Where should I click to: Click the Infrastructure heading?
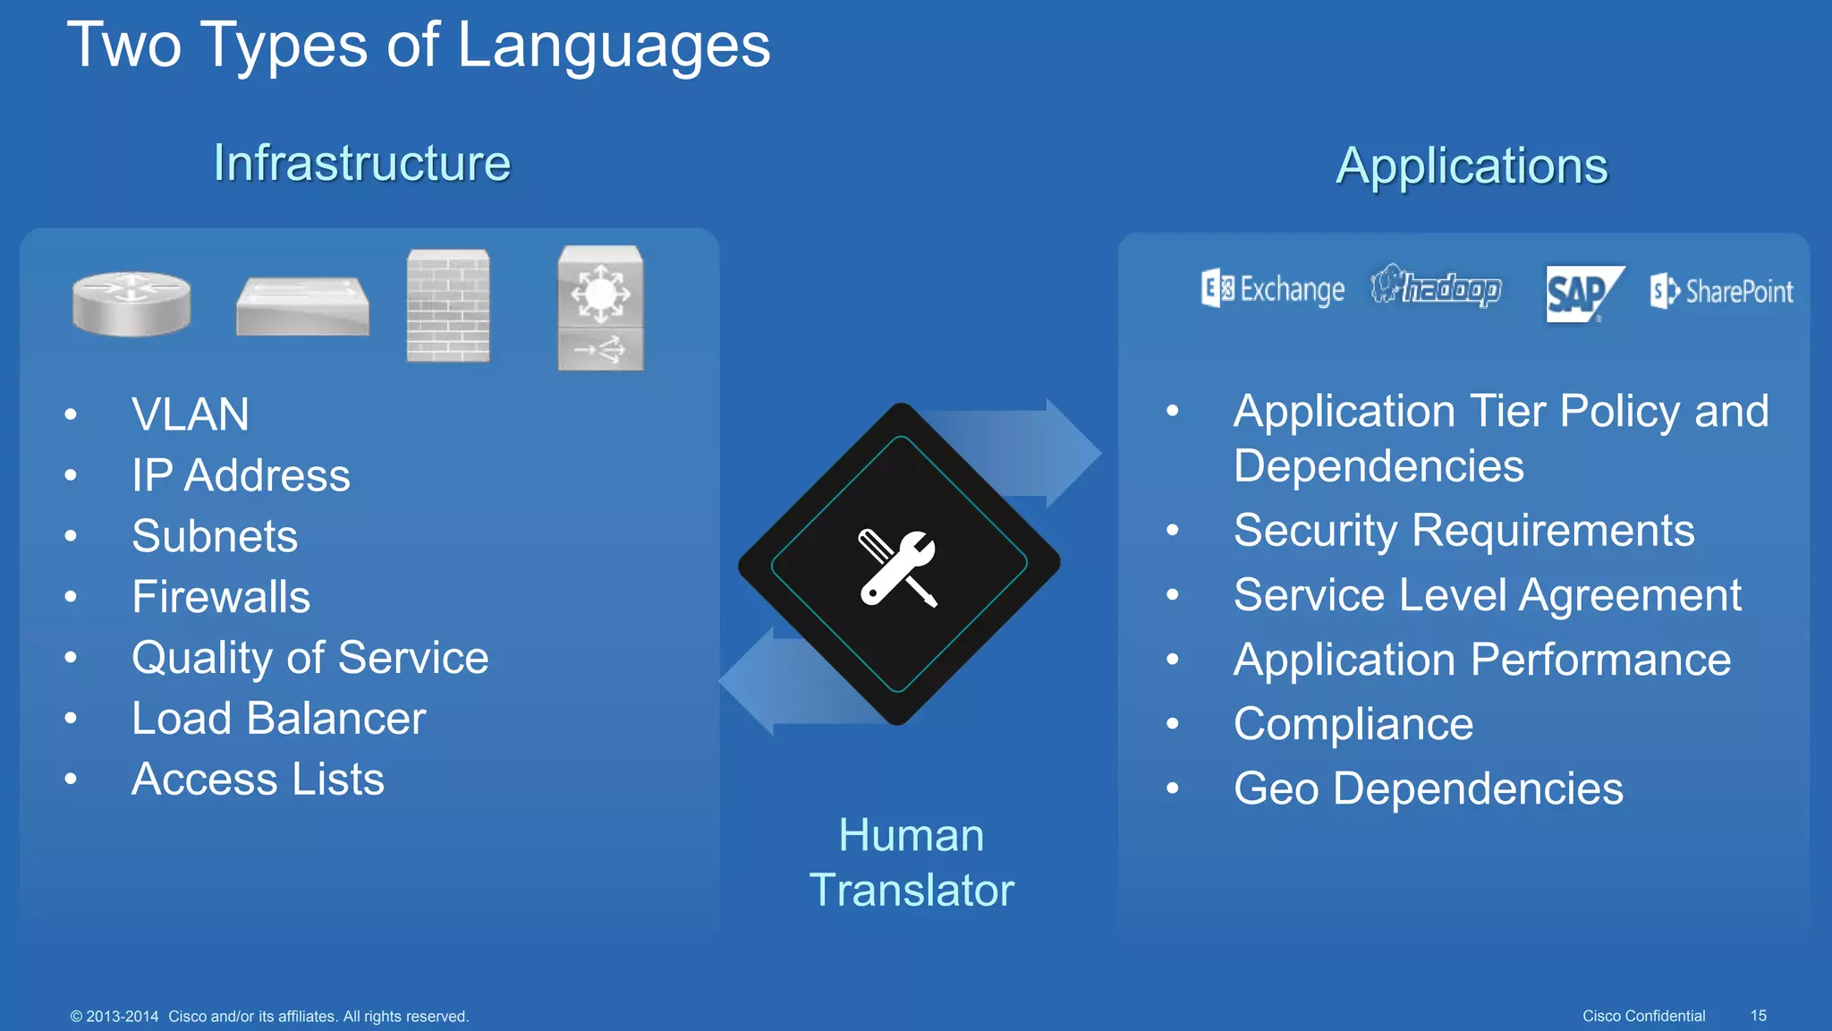[361, 163]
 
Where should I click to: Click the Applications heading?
[1472, 166]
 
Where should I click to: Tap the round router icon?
[131, 304]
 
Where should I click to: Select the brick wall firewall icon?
[448, 306]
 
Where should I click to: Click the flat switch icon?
[302, 306]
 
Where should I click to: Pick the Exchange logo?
[1273, 289]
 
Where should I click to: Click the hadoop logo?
[1436, 287]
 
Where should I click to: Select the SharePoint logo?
[1721, 291]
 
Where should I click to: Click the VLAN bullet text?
[190, 414]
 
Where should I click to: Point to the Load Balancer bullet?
[278, 719]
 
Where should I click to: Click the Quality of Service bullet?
[310, 658]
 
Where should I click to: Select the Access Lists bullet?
[258, 780]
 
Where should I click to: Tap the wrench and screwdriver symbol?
[898, 567]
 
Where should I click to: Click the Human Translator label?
[911, 863]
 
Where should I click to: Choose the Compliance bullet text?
[1353, 724]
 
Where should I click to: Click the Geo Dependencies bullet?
[1428, 788]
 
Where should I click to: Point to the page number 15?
[1758, 1016]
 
